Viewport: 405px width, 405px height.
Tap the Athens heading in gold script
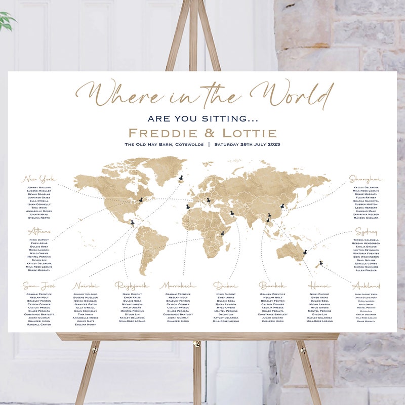[x=39, y=232]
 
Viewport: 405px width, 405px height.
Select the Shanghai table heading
[x=365, y=179]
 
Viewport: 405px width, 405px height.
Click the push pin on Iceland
[x=180, y=177]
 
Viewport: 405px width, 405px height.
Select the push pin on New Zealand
[x=319, y=262]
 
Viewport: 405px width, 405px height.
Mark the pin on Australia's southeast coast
[x=305, y=252]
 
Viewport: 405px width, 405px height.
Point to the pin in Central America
[x=132, y=222]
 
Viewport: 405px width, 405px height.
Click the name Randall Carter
[x=38, y=325]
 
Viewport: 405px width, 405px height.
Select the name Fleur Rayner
[x=366, y=197]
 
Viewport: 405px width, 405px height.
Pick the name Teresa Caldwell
[x=366, y=240]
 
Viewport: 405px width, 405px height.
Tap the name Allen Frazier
[x=366, y=271]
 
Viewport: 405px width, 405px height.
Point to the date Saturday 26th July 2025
[x=247, y=145]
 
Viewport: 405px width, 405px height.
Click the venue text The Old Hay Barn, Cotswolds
[x=164, y=145]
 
